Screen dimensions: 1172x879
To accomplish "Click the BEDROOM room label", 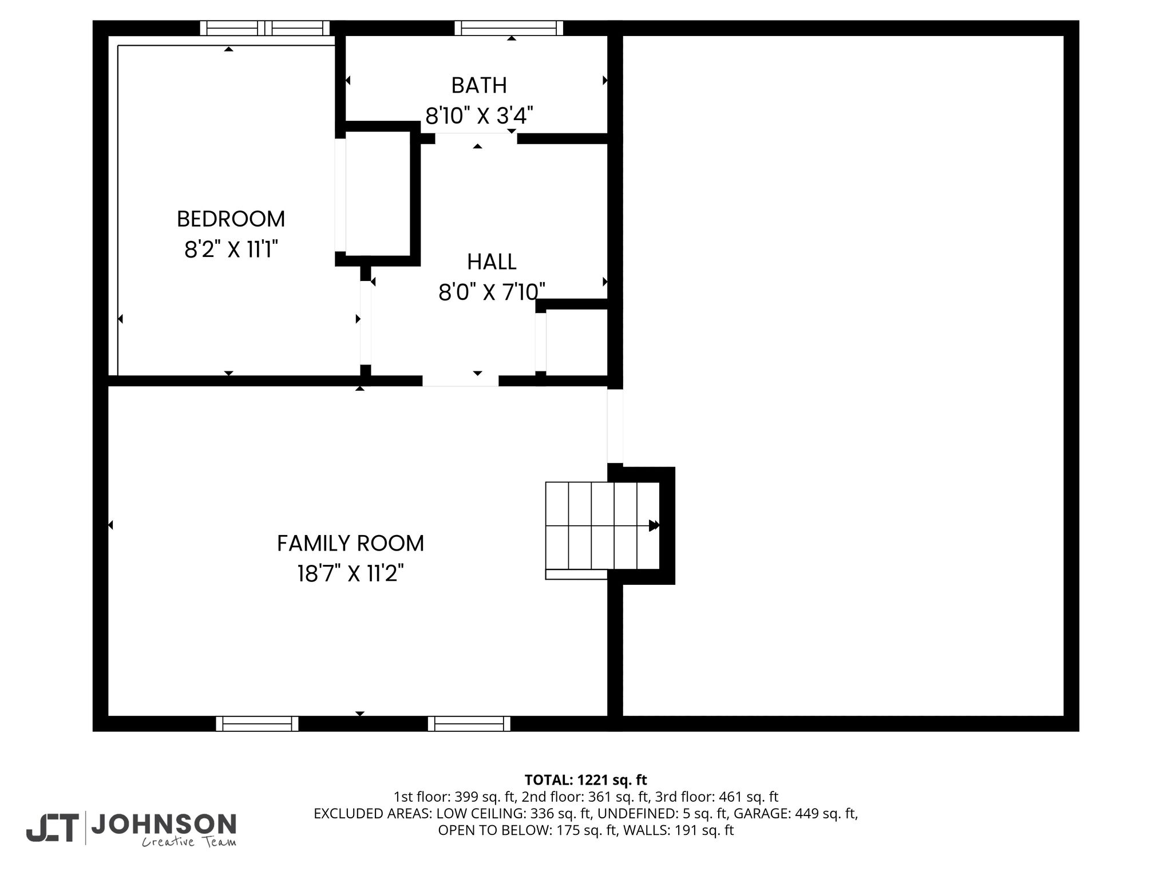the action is (x=231, y=219).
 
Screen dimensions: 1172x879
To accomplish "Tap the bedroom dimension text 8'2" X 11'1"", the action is (x=231, y=250).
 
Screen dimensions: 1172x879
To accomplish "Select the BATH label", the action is (x=479, y=85).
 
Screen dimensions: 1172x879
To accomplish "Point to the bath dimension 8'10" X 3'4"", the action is (x=479, y=116).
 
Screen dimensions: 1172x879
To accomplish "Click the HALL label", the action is (x=492, y=262).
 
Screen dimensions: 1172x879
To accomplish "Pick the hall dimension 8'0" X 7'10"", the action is (x=492, y=292).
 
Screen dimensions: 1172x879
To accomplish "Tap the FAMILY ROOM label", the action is (x=351, y=543).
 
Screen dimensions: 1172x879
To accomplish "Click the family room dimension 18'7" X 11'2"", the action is (x=351, y=573).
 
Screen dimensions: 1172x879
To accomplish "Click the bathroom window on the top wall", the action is (x=509, y=28).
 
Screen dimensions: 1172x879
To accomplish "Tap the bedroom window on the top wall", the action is (x=265, y=28).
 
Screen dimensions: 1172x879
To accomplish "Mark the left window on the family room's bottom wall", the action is (x=258, y=724).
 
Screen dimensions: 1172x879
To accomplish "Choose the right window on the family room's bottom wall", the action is (x=469, y=724).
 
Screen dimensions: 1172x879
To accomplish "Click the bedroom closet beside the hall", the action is (x=378, y=193).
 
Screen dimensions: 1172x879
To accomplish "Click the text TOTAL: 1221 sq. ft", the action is (x=585, y=780).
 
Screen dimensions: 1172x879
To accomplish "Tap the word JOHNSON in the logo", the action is (x=164, y=824).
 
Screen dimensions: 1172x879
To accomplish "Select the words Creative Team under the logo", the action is (x=189, y=842).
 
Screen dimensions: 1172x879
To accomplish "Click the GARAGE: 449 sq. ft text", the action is (x=795, y=813).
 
